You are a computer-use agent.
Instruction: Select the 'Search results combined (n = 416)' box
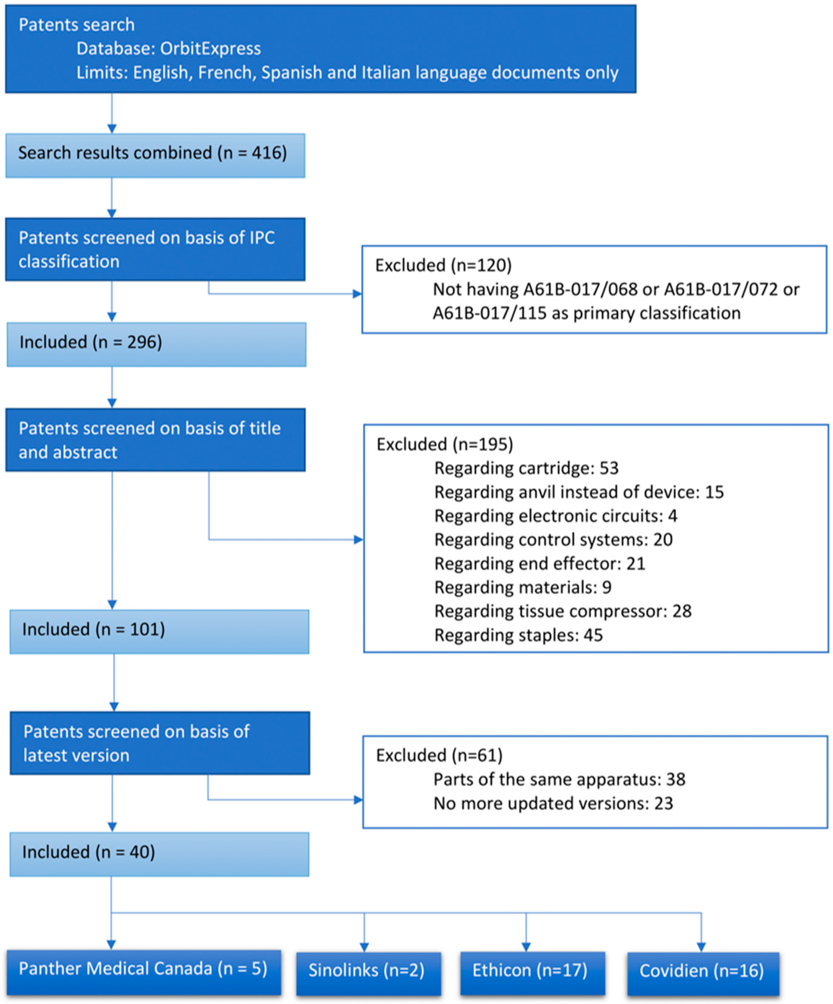155,155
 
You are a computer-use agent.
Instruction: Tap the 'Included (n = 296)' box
156,344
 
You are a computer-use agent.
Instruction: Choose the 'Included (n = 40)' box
159,854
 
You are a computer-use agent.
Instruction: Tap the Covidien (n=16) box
703,974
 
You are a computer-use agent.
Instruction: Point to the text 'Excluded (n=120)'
443,265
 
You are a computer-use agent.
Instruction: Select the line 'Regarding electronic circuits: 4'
555,516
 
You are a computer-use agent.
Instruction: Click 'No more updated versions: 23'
553,803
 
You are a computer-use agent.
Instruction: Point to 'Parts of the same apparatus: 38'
559,779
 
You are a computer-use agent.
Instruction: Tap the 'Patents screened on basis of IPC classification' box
155,249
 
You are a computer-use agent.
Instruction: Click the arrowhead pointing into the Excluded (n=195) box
358,540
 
